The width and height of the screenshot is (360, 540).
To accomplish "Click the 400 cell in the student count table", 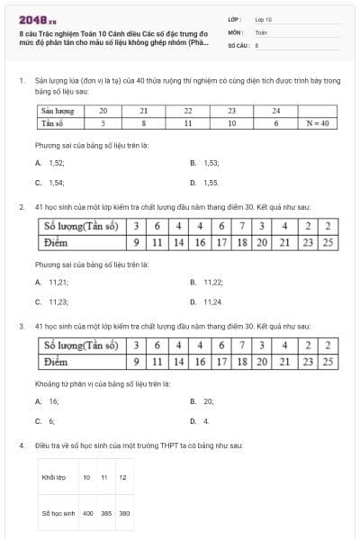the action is (x=88, y=513).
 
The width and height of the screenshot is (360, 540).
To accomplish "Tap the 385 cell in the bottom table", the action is (x=106, y=513).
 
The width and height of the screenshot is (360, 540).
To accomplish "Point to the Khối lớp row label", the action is (x=54, y=477).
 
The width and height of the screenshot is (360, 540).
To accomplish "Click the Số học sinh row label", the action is (x=56, y=513).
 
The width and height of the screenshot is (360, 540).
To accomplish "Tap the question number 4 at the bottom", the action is (x=21, y=445).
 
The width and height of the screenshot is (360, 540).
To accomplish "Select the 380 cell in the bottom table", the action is (x=124, y=513).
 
